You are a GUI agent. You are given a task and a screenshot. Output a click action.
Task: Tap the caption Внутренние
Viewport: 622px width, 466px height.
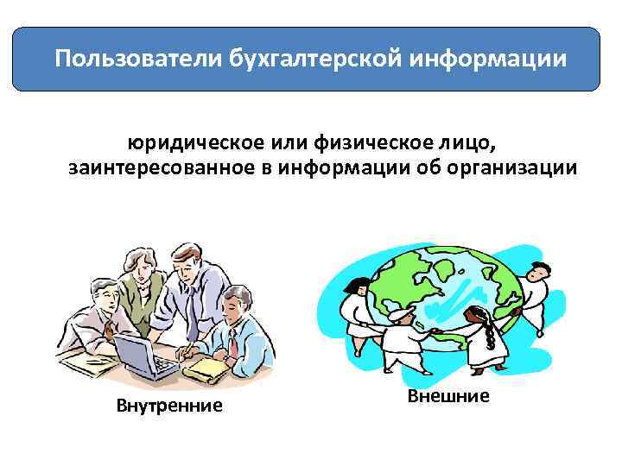pos(169,405)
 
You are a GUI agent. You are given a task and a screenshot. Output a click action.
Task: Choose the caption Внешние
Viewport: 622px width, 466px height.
pos(446,396)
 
